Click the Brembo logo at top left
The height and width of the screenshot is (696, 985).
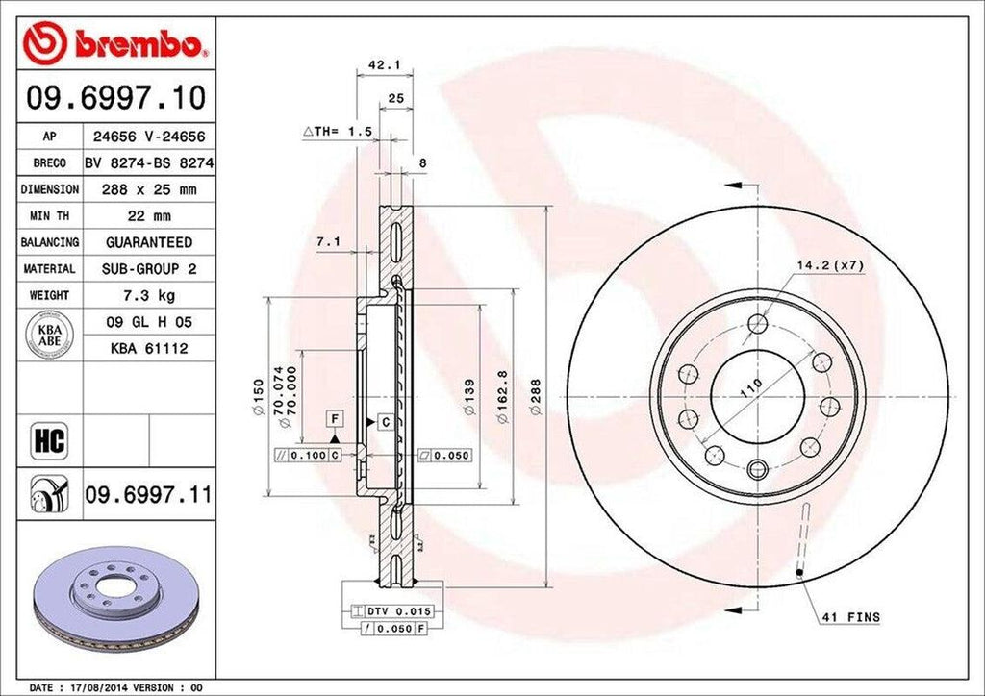click(115, 43)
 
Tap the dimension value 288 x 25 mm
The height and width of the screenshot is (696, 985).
click(147, 190)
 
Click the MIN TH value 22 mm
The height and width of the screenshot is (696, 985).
click(147, 216)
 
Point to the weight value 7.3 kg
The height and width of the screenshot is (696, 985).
click(147, 294)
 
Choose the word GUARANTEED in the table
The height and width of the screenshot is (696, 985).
click(147, 242)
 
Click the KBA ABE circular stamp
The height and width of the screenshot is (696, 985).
click(48, 336)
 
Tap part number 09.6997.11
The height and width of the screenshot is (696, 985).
click(147, 496)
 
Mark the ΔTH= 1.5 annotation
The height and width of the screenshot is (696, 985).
click(338, 131)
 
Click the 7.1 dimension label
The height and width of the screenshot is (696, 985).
click(328, 242)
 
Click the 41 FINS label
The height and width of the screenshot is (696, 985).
click(849, 617)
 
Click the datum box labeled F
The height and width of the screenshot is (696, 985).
click(335, 418)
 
